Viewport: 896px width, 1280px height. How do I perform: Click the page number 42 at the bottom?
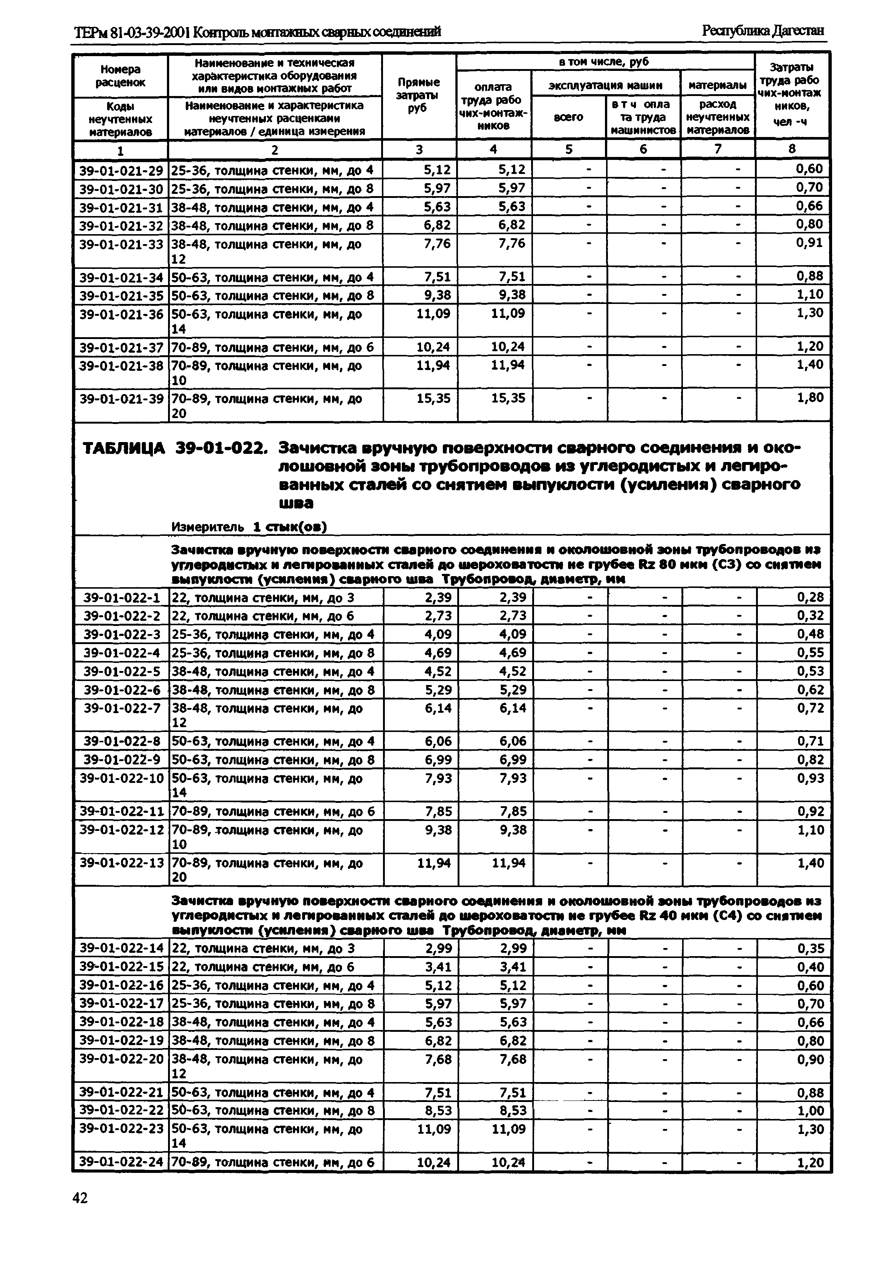click(80, 1198)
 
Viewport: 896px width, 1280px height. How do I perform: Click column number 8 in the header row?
click(792, 149)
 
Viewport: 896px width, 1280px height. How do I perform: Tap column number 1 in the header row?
click(120, 150)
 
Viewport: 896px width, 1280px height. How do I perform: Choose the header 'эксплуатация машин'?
click(605, 85)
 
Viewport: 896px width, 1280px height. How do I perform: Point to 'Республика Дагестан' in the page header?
click(763, 31)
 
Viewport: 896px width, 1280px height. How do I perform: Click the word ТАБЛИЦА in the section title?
click(124, 448)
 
